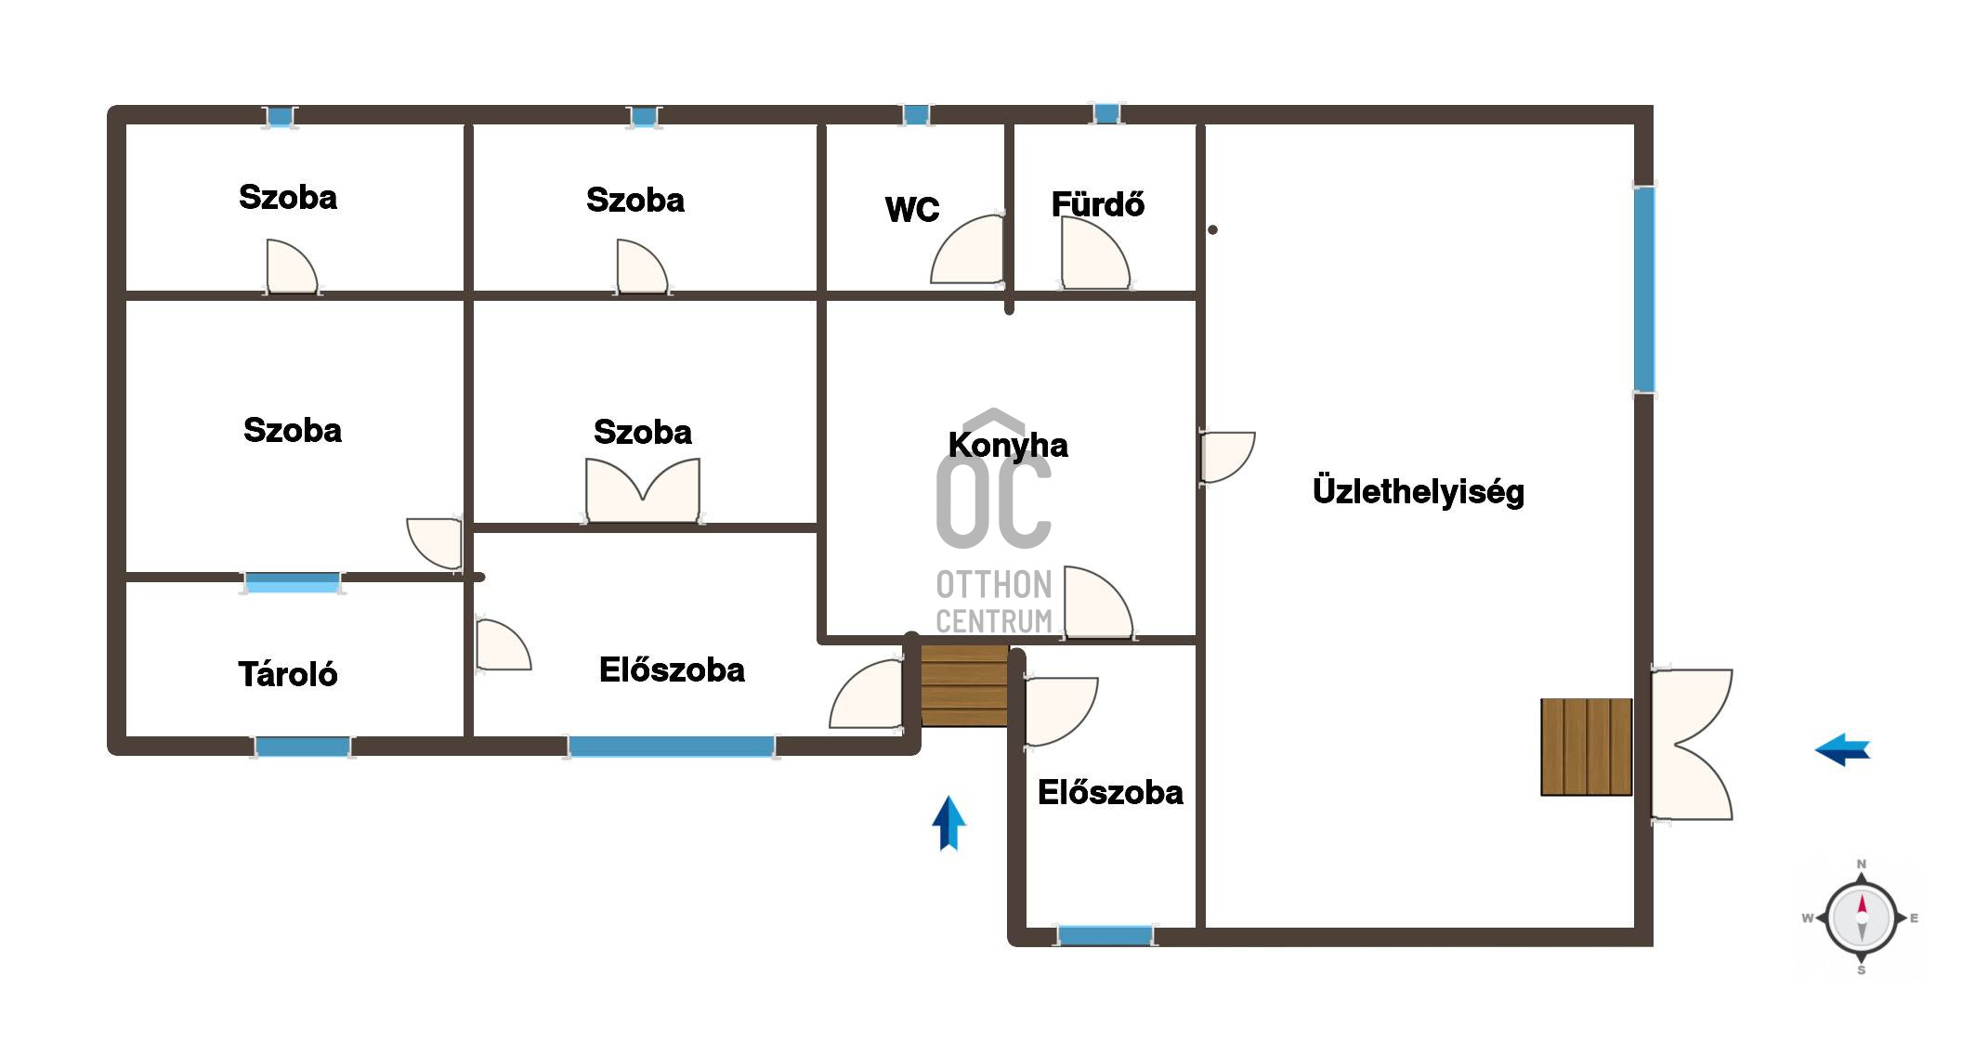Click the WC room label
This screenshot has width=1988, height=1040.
pyautogui.click(x=912, y=210)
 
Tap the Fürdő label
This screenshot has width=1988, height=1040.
pyautogui.click(x=1097, y=203)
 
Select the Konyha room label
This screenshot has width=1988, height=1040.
pyautogui.click(x=1008, y=445)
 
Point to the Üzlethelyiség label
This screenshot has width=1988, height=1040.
pyautogui.click(x=1419, y=490)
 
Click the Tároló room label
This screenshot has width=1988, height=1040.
pyautogui.click(x=288, y=674)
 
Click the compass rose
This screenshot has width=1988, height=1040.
pyautogui.click(x=1861, y=917)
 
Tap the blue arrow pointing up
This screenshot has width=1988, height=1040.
pyautogui.click(x=948, y=823)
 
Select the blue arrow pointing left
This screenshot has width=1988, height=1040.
pyautogui.click(x=1843, y=749)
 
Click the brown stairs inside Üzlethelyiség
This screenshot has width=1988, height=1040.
pyautogui.click(x=1587, y=747)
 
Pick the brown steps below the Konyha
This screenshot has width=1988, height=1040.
pyautogui.click(x=964, y=686)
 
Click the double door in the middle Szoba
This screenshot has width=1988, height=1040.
pyautogui.click(x=643, y=491)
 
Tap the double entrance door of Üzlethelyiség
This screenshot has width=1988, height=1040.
pyautogui.click(x=1692, y=745)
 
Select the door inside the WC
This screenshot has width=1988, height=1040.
pyautogui.click(x=968, y=249)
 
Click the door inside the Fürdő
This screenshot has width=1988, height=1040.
pyautogui.click(x=1095, y=253)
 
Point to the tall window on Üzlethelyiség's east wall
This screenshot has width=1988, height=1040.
pyautogui.click(x=1644, y=289)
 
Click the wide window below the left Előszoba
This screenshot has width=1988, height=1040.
pyautogui.click(x=672, y=746)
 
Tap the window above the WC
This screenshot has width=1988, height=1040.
pyautogui.click(x=916, y=115)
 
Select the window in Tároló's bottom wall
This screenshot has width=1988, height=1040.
pyautogui.click(x=303, y=746)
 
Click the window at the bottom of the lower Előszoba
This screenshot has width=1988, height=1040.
pyautogui.click(x=1105, y=935)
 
